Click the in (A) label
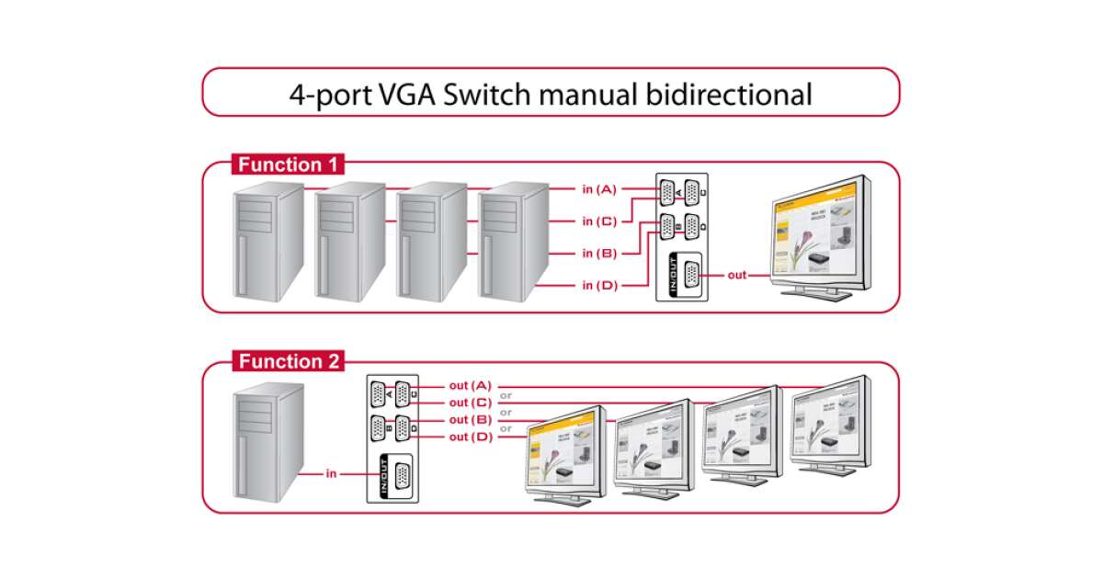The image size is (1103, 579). [598, 189]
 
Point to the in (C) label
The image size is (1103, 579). [598, 221]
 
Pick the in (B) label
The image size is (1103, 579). [598, 254]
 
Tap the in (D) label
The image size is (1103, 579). [598, 286]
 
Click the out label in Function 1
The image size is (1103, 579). [737, 275]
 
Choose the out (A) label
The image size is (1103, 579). [471, 385]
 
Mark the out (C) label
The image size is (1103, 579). [471, 403]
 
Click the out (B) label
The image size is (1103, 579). [471, 420]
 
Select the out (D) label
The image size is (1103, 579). [471, 437]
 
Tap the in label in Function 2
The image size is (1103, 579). [331, 474]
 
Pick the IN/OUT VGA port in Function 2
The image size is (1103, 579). [402, 477]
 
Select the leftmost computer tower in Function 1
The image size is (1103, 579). [267, 241]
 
